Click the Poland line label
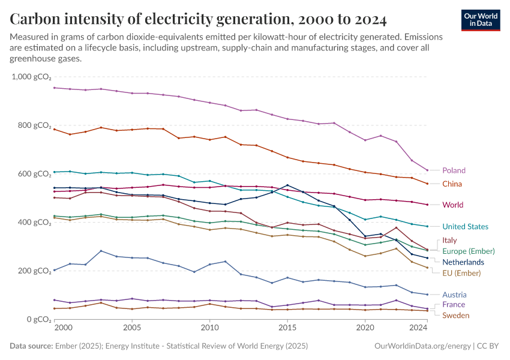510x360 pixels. point(454,170)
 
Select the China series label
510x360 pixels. point(452,184)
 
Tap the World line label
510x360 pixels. point(452,205)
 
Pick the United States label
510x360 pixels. point(465,227)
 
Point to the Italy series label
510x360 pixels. point(449,240)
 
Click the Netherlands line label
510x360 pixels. point(463,262)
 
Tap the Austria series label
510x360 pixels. point(454,295)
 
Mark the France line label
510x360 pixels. point(453,305)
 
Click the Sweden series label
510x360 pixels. point(455,316)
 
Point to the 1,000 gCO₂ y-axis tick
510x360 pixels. point(32,77)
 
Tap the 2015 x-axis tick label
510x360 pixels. point(287,328)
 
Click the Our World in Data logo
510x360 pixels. point(480,20)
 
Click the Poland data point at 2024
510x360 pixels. point(427,170)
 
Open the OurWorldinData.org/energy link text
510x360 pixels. point(422,346)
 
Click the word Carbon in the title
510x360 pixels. point(35,19)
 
